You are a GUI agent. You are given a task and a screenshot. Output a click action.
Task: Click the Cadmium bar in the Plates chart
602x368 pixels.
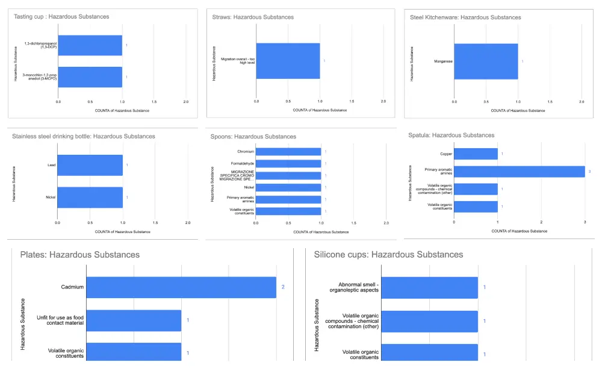point(181,287)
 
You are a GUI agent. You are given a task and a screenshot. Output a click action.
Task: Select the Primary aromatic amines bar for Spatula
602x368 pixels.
point(519,172)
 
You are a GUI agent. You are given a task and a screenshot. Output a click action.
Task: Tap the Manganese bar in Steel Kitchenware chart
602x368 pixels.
point(486,61)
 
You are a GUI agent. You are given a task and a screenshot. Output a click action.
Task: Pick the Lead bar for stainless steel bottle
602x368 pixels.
point(90,165)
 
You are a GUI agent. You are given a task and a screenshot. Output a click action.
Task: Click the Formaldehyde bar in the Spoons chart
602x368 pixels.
point(288,163)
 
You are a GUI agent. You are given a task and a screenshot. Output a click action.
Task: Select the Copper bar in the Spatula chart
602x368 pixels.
point(476,154)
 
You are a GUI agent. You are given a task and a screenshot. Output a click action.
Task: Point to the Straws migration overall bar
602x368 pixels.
point(288,61)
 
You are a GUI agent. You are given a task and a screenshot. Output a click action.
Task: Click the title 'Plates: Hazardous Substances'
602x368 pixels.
point(80,255)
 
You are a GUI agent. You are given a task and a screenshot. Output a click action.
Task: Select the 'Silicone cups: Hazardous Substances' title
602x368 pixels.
point(388,255)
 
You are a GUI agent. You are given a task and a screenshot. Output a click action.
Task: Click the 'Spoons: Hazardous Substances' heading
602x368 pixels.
point(253,137)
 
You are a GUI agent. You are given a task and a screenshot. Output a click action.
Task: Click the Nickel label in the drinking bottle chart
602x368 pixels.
point(51,197)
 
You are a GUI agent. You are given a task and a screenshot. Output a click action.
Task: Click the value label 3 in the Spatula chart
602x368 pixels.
point(589,172)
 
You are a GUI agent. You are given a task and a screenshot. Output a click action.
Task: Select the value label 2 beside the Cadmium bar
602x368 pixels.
point(282,287)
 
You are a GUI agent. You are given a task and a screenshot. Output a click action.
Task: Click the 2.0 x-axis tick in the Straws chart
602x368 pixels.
point(383,102)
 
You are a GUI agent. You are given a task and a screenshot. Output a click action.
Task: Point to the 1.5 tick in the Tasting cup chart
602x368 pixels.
point(154,102)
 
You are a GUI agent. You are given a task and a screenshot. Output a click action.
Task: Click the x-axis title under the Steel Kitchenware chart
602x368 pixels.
point(518,110)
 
